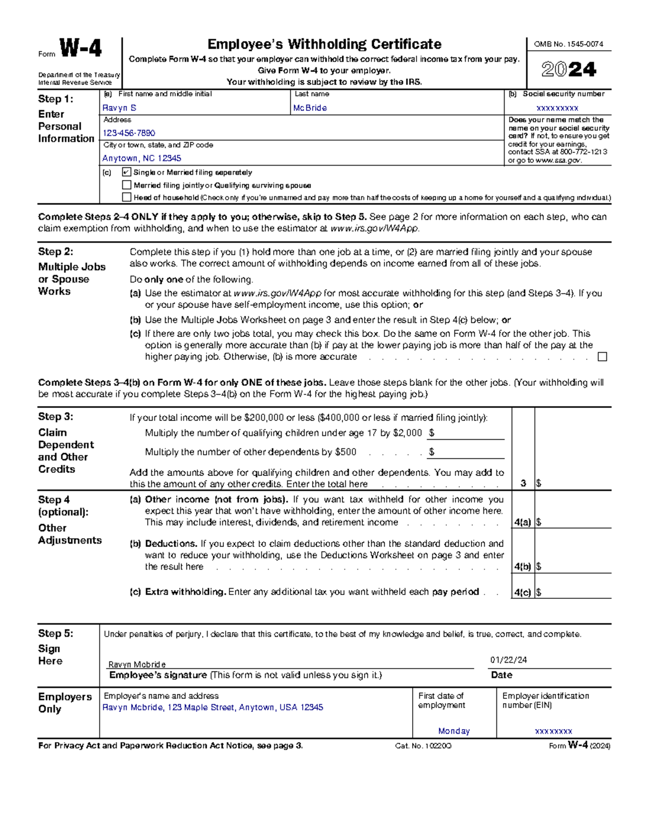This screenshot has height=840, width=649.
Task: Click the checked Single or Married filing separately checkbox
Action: click(x=127, y=173)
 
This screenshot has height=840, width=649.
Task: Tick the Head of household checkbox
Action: click(x=127, y=197)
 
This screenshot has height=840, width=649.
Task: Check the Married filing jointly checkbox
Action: click(x=127, y=185)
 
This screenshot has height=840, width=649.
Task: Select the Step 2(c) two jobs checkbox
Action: click(x=602, y=357)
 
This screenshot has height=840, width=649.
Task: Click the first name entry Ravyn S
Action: click(x=120, y=108)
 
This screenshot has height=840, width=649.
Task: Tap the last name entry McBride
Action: click(x=310, y=108)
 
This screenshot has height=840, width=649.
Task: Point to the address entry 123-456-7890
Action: click(x=129, y=133)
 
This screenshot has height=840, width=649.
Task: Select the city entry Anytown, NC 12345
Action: click(x=142, y=158)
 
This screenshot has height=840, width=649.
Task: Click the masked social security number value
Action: click(x=557, y=108)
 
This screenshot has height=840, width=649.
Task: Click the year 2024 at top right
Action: click(x=568, y=70)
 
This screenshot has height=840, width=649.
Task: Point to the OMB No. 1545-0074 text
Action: click(x=568, y=44)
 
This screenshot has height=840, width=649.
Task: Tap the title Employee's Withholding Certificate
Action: click(x=324, y=44)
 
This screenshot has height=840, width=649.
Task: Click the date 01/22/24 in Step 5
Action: click(x=508, y=660)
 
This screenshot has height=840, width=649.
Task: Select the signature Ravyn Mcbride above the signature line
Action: click(x=137, y=664)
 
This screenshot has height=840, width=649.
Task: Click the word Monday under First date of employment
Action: click(x=454, y=731)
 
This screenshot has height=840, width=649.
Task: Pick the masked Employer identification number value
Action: click(x=553, y=731)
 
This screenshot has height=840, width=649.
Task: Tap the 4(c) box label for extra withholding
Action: click(x=522, y=592)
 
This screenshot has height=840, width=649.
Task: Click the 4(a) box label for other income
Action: click(x=522, y=522)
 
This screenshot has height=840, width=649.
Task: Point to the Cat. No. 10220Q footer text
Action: click(x=423, y=746)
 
